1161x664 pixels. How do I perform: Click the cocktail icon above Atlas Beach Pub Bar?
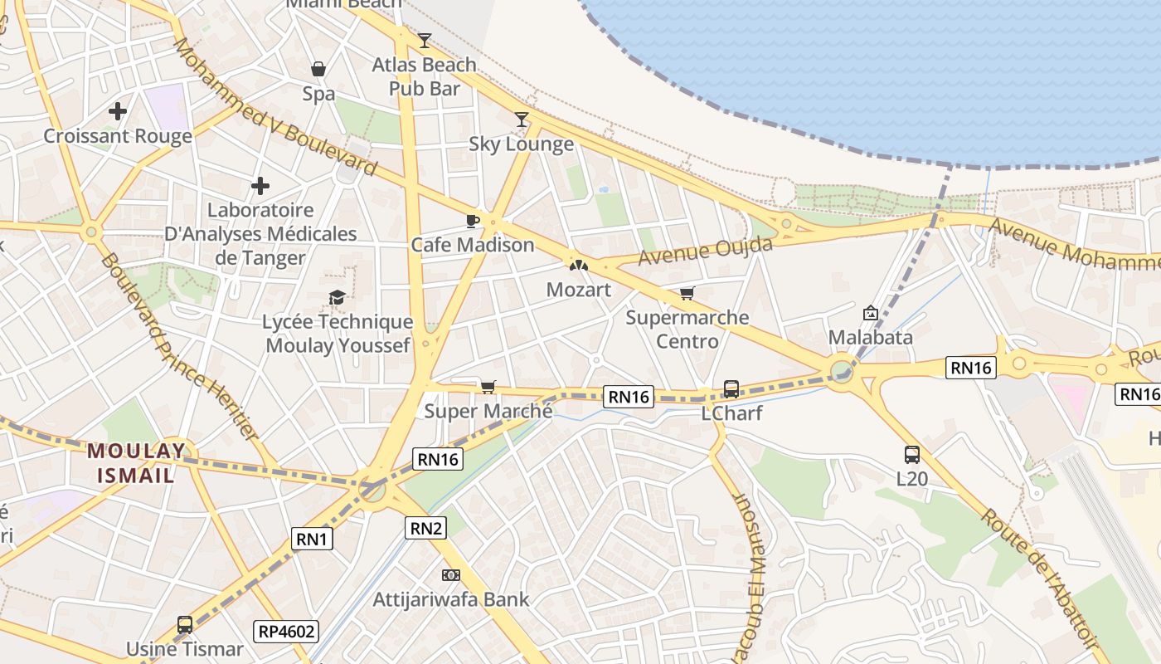pos(425,40)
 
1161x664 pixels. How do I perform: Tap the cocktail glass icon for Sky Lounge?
pos(522,120)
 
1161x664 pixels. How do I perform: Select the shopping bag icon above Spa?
pos(318,69)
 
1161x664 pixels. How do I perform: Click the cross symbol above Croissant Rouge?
pos(118,110)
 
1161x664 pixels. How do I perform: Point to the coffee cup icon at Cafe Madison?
pos(472,220)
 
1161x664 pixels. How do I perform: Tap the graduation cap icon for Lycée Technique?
pos(337,297)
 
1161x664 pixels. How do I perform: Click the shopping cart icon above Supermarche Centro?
pos(687,293)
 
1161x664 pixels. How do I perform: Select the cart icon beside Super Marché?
pos(488,387)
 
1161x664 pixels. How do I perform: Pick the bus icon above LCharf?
pos(731,388)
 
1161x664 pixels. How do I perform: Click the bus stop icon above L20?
pos(912,454)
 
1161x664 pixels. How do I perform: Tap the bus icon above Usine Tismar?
pos(185,624)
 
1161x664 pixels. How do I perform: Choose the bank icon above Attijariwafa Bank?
pos(451,574)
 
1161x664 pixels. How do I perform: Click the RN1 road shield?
pos(313,539)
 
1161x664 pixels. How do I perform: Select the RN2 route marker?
pos(425,527)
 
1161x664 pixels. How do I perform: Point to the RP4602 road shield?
pos(286,631)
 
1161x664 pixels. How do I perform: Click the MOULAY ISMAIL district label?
pos(137,463)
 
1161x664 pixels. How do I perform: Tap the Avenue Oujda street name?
pos(705,251)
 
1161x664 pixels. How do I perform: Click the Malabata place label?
pos(871,337)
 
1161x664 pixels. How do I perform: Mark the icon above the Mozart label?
pos(578,265)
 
